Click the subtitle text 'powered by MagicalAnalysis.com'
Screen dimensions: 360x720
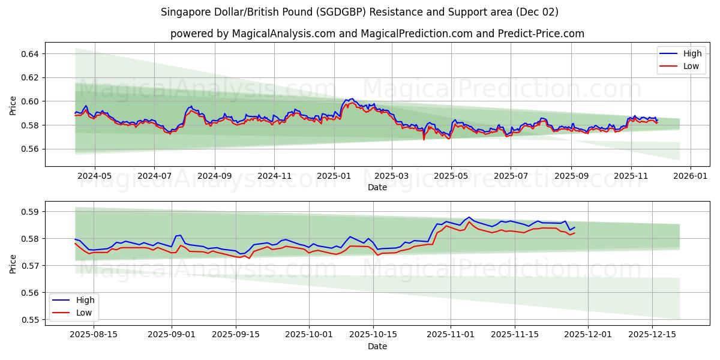[x=252, y=34]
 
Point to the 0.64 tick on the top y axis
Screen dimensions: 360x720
[x=30, y=54]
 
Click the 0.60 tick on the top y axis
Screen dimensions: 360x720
[x=30, y=101]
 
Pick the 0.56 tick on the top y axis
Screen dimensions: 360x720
[x=30, y=149]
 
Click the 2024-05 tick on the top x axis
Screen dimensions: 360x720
[x=95, y=176]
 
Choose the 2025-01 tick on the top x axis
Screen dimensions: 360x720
[x=334, y=176]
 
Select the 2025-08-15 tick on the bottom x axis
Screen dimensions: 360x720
[x=94, y=335]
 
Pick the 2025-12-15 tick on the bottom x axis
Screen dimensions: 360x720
[x=652, y=335]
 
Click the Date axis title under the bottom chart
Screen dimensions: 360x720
[x=377, y=346]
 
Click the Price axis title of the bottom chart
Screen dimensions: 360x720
[x=13, y=263]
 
